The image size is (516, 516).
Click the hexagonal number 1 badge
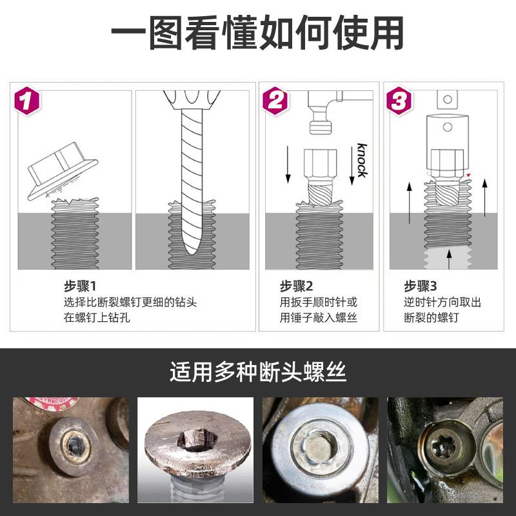coord(27,101)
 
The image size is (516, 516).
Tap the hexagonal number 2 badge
coord(275,100)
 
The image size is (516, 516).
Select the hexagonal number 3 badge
coord(399,100)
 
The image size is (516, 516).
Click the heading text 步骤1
coord(79,286)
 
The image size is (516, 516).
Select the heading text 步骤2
coord(296,286)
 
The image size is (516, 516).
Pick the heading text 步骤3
coord(421,286)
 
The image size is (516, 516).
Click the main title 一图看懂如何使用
coord(257,32)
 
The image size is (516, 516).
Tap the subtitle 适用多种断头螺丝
coord(257,372)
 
